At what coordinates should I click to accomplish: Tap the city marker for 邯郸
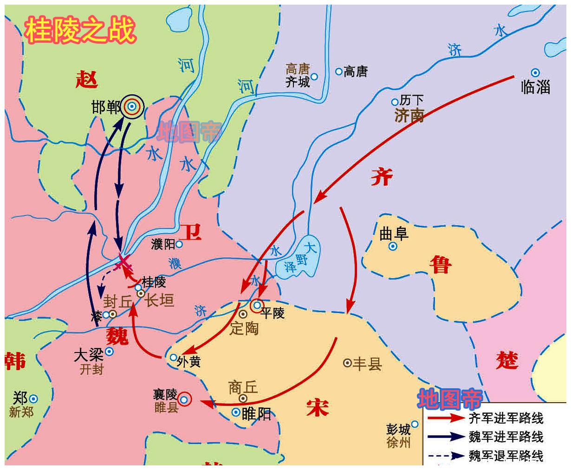(x=132, y=107)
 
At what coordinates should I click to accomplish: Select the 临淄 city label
(x=536, y=87)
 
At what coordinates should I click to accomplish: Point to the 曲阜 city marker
(x=393, y=247)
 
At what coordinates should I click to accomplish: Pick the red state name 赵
(x=87, y=80)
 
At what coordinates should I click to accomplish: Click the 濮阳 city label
(x=163, y=244)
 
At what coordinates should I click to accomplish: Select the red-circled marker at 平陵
(x=257, y=306)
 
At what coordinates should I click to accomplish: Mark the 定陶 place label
(x=244, y=328)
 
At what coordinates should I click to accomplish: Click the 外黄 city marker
(x=173, y=358)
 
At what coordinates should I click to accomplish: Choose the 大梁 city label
(x=88, y=355)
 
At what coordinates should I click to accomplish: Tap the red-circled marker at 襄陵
(x=185, y=399)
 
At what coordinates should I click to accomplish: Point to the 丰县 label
(x=367, y=363)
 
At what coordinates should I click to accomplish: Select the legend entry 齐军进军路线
(x=506, y=418)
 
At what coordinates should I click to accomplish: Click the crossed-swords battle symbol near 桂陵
(x=124, y=263)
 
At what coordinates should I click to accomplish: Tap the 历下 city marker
(x=395, y=102)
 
